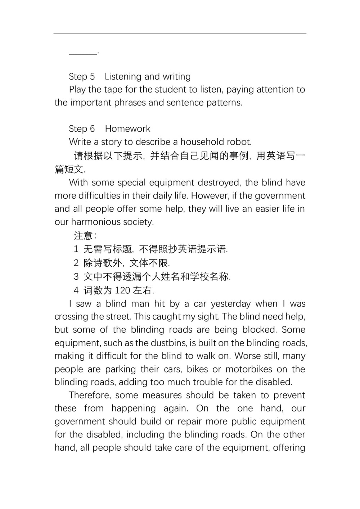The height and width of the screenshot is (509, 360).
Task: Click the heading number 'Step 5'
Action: (82, 77)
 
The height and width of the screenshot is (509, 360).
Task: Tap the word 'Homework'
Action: (127, 129)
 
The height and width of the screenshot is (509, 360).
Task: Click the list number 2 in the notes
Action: (76, 263)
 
